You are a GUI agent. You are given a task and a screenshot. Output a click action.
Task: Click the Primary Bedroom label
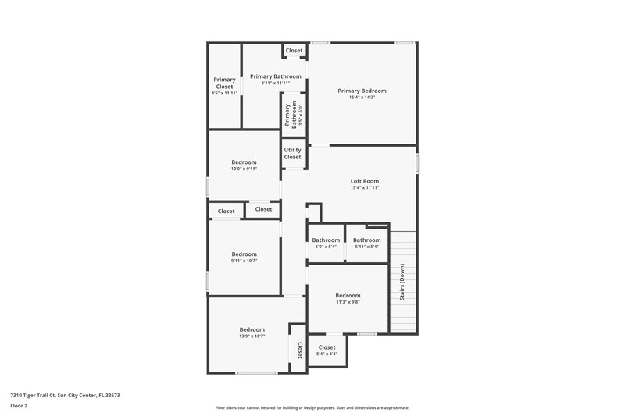(x=362, y=91)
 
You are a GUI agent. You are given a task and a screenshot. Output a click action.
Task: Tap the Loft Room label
(x=364, y=181)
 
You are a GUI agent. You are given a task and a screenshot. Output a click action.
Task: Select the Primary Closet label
(x=225, y=82)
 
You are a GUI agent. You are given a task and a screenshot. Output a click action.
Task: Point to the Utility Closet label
(x=292, y=153)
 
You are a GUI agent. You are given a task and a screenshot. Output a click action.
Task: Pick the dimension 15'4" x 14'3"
(x=362, y=98)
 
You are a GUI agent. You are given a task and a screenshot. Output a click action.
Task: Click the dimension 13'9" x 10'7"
(x=252, y=336)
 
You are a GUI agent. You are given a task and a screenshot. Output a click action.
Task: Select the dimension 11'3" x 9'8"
(x=348, y=302)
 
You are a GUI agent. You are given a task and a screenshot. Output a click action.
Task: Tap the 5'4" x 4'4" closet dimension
(x=327, y=354)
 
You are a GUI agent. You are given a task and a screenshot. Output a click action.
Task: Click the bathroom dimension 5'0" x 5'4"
(x=325, y=247)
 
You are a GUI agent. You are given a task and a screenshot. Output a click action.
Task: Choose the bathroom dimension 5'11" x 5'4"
(x=366, y=247)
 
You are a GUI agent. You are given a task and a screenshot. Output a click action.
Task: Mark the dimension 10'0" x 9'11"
(x=244, y=169)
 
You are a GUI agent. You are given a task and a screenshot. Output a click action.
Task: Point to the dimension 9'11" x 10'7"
(x=244, y=260)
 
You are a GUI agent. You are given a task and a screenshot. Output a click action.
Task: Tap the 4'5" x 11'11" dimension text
(x=225, y=93)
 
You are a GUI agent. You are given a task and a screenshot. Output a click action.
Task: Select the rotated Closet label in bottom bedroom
(x=299, y=350)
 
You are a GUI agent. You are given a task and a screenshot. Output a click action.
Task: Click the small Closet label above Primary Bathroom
(x=294, y=51)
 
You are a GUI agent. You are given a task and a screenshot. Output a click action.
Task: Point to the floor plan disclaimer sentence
(x=312, y=407)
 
